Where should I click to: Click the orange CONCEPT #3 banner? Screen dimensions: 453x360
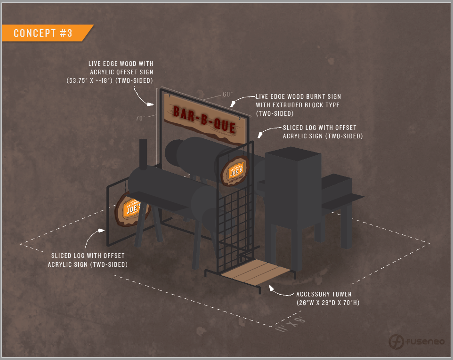click(x=45, y=33)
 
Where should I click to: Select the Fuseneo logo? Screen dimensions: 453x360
click(x=417, y=341)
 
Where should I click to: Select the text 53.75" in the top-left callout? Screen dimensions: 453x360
click(x=80, y=80)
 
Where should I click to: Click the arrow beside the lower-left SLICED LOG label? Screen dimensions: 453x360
click(x=94, y=237)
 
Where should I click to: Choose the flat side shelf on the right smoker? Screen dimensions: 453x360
click(x=342, y=200)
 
